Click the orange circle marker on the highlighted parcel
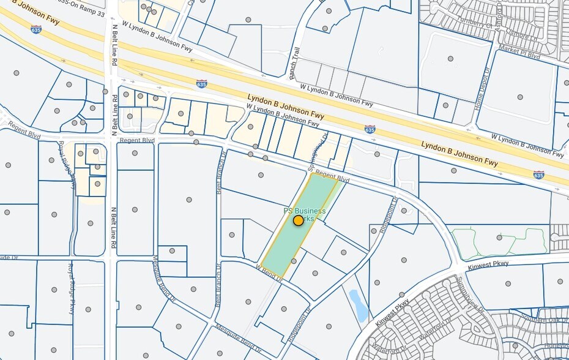(x=298, y=220)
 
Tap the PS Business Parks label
(x=304, y=212)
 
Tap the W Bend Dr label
(x=269, y=273)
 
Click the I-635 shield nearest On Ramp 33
(x=36, y=29)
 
